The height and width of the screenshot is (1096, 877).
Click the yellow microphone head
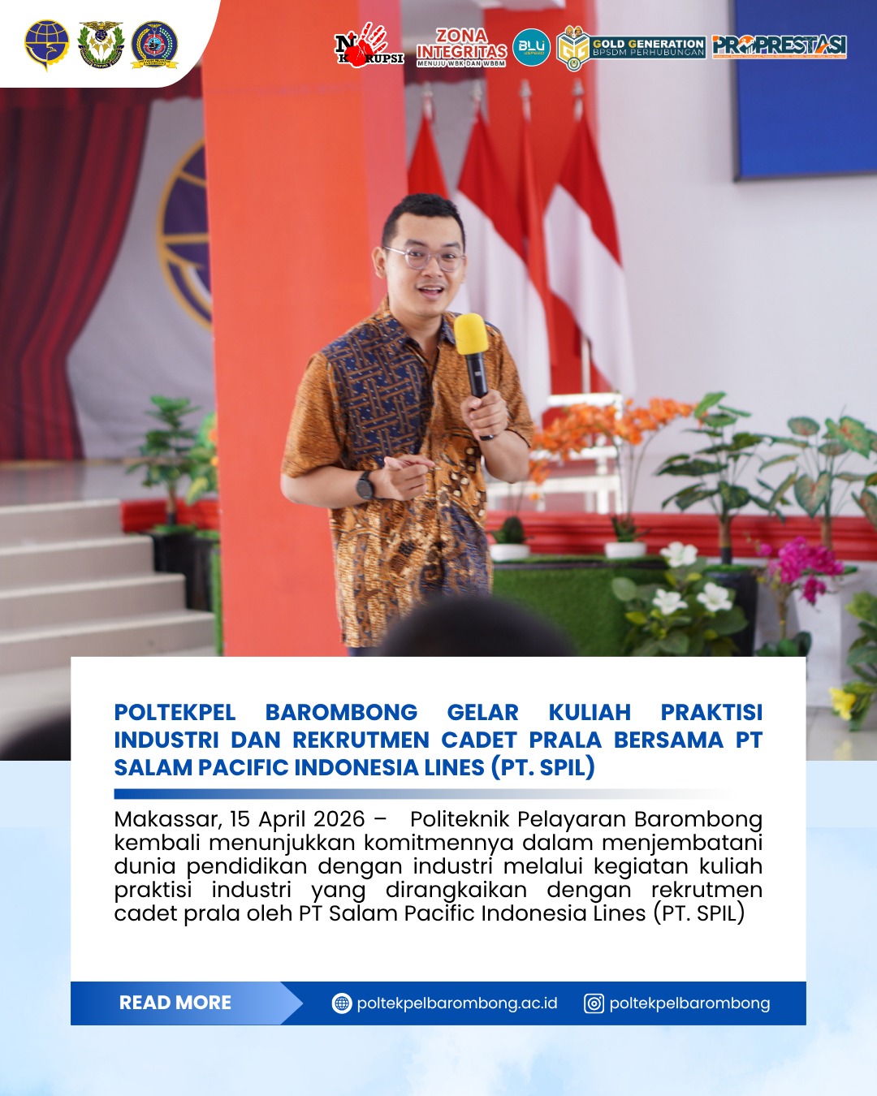click(471, 334)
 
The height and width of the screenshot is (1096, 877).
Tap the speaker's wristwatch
click(365, 485)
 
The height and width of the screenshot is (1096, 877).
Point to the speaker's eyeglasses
click(425, 258)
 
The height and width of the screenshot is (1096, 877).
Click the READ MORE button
click(175, 1003)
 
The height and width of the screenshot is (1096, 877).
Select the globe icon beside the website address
click(342, 1003)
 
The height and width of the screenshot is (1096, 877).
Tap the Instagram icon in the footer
click(594, 1003)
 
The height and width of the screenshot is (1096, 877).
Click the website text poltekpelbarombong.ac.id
click(457, 1003)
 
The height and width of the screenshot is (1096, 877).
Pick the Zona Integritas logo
click(461, 47)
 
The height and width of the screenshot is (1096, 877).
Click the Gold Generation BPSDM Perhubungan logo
click(631, 48)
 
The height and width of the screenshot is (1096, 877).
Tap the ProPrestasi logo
click(780, 46)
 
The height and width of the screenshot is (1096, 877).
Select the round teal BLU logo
click(532, 46)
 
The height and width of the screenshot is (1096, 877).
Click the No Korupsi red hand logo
click(369, 45)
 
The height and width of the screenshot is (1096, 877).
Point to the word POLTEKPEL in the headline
click(175, 712)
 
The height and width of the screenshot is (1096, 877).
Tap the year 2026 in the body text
click(339, 819)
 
